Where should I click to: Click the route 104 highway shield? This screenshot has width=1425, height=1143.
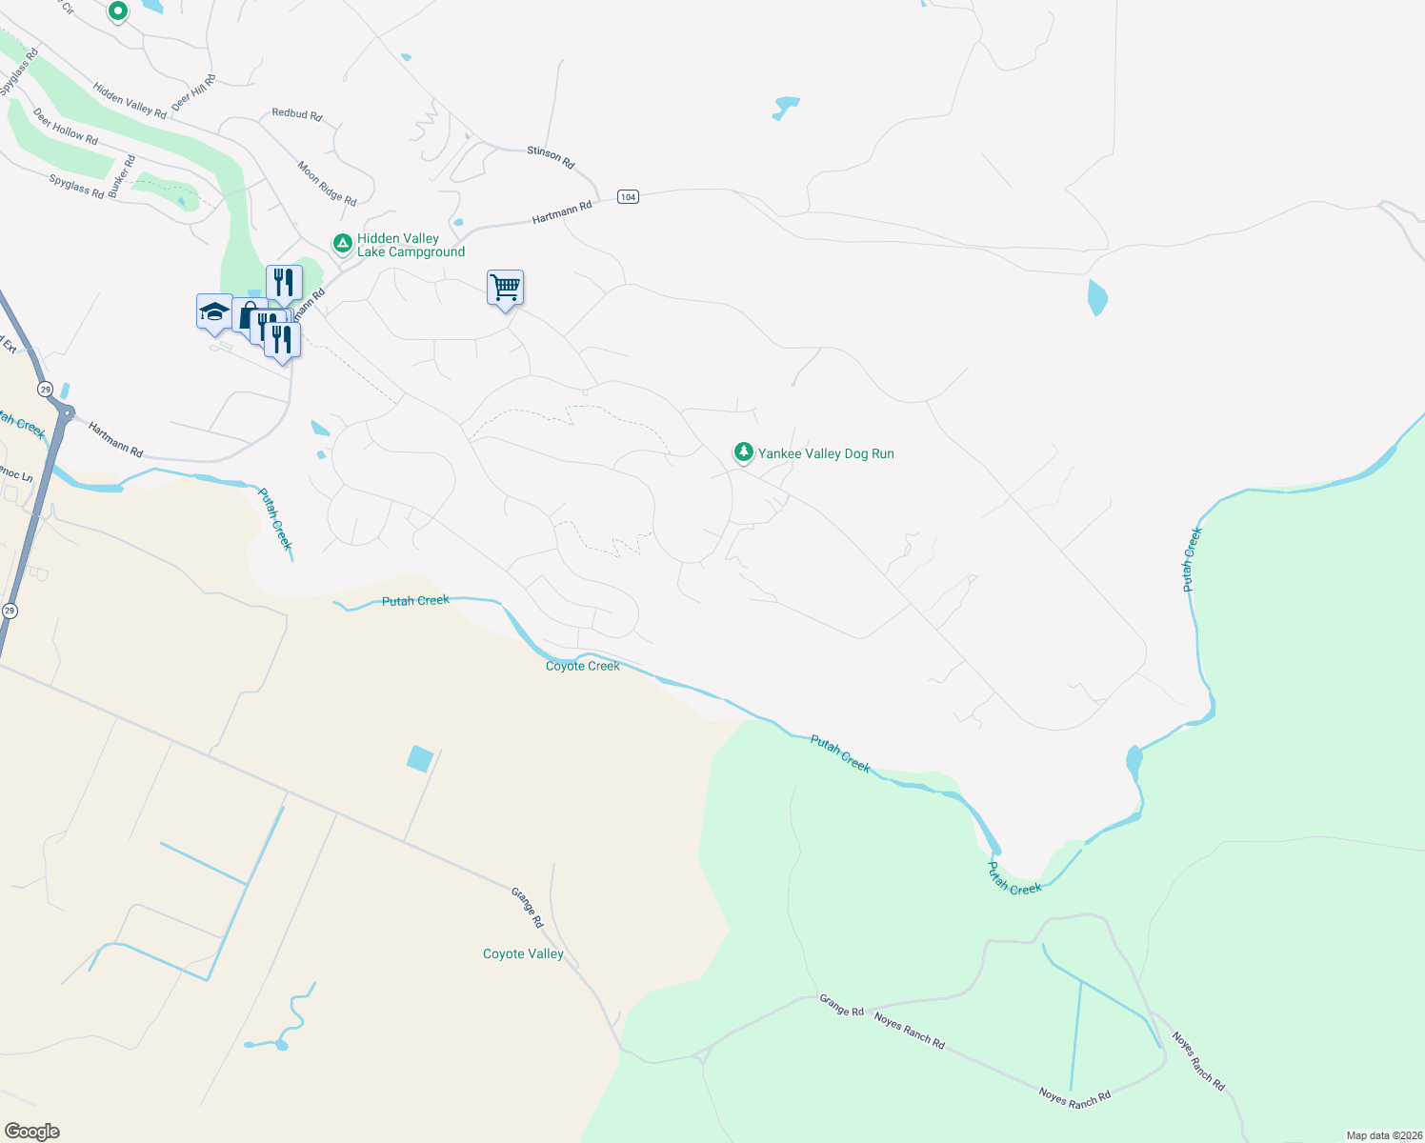pyautogui.click(x=627, y=196)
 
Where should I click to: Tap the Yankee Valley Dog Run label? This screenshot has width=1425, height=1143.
pyautogui.click(x=826, y=453)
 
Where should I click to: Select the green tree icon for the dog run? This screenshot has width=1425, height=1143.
pyautogui.click(x=743, y=451)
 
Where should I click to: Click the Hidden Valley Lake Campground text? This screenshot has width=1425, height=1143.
pyautogui.click(x=411, y=245)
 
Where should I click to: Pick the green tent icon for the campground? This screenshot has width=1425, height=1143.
pyautogui.click(x=342, y=243)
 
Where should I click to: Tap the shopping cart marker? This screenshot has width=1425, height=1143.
pyautogui.click(x=505, y=286)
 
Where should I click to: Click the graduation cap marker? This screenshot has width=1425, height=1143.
pyautogui.click(x=214, y=311)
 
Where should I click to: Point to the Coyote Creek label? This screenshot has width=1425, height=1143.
pyautogui.click(x=582, y=666)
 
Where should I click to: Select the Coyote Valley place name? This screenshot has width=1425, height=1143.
pyautogui.click(x=523, y=953)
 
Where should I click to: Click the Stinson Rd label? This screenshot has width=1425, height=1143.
pyautogui.click(x=551, y=157)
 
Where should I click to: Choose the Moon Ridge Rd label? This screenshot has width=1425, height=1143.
pyautogui.click(x=327, y=183)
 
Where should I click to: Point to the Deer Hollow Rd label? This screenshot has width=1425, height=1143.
pyautogui.click(x=65, y=126)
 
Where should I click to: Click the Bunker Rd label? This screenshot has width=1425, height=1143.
pyautogui.click(x=121, y=176)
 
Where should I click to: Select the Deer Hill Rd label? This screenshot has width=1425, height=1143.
pyautogui.click(x=193, y=92)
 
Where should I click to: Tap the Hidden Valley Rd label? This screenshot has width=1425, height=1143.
pyautogui.click(x=130, y=100)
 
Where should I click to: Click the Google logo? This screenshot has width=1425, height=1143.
pyautogui.click(x=32, y=1132)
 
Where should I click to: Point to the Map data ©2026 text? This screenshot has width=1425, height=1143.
pyautogui.click(x=1383, y=1135)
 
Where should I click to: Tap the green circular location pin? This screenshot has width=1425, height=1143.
pyautogui.click(x=117, y=10)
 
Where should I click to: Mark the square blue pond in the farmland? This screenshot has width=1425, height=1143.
pyautogui.click(x=420, y=758)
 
